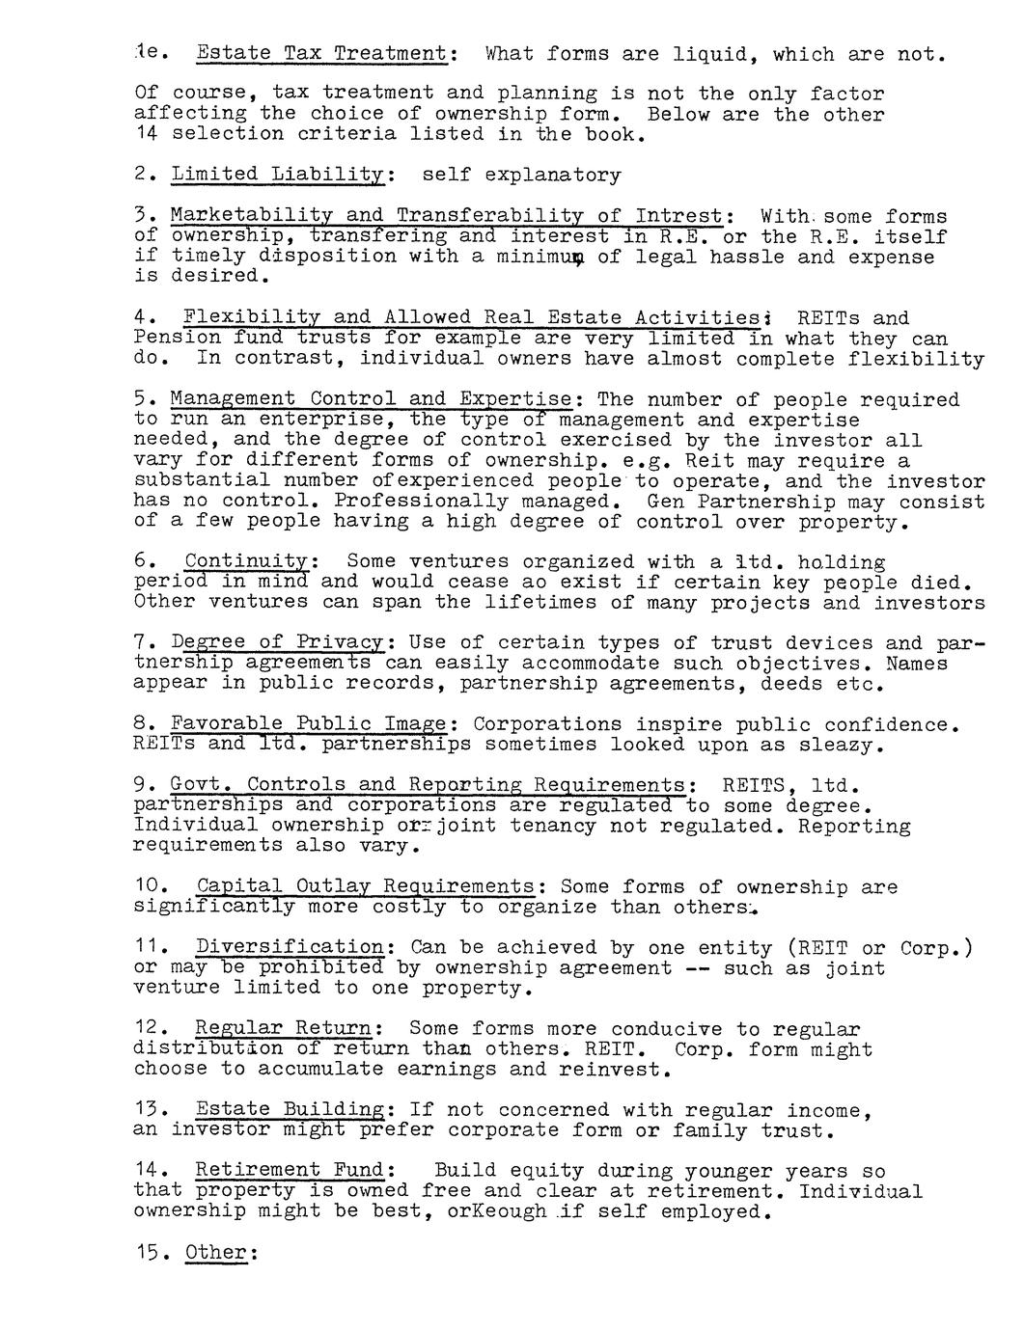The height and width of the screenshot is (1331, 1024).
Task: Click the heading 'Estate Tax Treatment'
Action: tap(321, 54)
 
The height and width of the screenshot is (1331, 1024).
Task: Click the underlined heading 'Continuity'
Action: tap(247, 561)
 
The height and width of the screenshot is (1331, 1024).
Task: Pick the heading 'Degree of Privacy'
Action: tap(278, 642)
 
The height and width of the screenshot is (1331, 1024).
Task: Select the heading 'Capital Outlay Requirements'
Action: tap(365, 886)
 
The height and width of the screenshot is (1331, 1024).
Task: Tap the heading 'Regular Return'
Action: tap(283, 1029)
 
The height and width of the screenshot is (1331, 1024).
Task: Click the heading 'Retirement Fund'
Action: tap(290, 1171)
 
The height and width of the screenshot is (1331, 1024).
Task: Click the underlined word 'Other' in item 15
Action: tap(215, 1253)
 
